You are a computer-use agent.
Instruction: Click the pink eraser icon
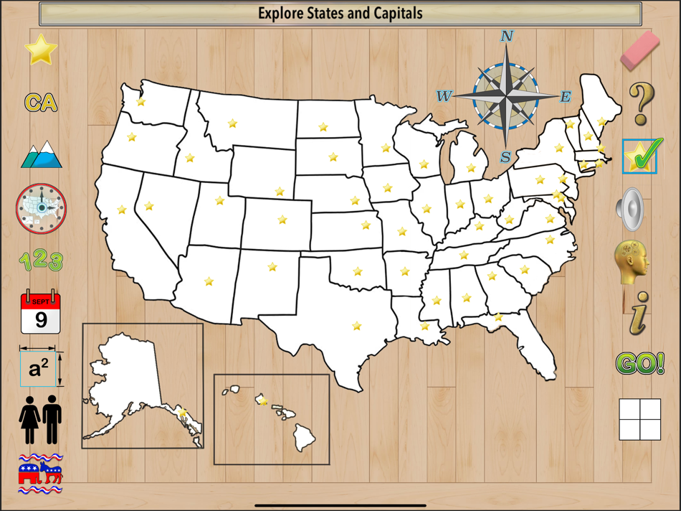(x=639, y=50)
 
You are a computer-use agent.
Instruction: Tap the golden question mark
(x=640, y=103)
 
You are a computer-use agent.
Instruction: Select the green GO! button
(x=639, y=364)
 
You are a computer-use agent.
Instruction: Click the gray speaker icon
(x=632, y=209)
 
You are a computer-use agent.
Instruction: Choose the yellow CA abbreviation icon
(x=41, y=103)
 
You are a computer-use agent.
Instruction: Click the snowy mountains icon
(x=42, y=154)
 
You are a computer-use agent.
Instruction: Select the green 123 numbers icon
(x=41, y=260)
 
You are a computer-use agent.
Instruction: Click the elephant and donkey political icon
(x=41, y=473)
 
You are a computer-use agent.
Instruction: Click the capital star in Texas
(x=356, y=326)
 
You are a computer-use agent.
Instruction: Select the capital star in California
(x=122, y=210)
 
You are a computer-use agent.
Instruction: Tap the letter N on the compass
(x=507, y=37)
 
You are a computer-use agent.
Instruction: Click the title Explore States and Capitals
(x=340, y=13)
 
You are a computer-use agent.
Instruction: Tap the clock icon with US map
(x=41, y=208)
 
